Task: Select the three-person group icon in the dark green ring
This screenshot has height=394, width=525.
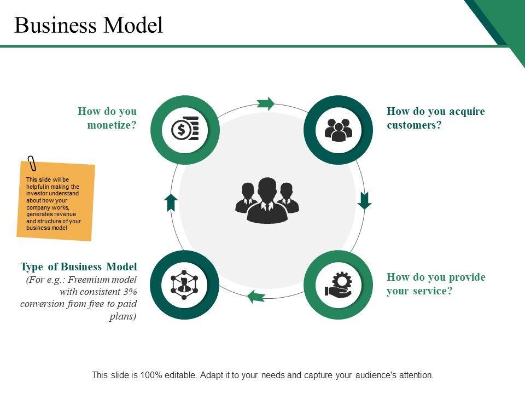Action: tap(339, 130)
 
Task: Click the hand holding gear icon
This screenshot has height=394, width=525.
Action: tap(339, 285)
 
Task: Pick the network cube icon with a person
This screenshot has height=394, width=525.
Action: tap(184, 285)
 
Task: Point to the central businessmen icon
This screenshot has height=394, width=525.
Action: tap(267, 200)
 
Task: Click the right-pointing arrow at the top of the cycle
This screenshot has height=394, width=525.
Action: tap(266, 103)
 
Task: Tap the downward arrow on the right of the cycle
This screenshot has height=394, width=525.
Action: tap(364, 201)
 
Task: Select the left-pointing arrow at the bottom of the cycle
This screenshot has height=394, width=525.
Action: tap(256, 297)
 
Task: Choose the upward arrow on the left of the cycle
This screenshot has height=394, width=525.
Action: tap(171, 202)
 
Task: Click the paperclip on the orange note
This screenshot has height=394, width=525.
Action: tap(32, 163)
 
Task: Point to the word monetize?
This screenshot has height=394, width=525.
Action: tap(112, 125)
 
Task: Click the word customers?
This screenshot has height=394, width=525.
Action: tap(414, 125)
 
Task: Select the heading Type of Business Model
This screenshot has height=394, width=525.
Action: tap(79, 266)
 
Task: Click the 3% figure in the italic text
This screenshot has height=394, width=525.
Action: tap(130, 292)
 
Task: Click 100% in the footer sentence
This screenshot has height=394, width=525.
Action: tap(151, 375)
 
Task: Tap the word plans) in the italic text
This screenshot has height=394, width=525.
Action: tap(123, 316)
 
